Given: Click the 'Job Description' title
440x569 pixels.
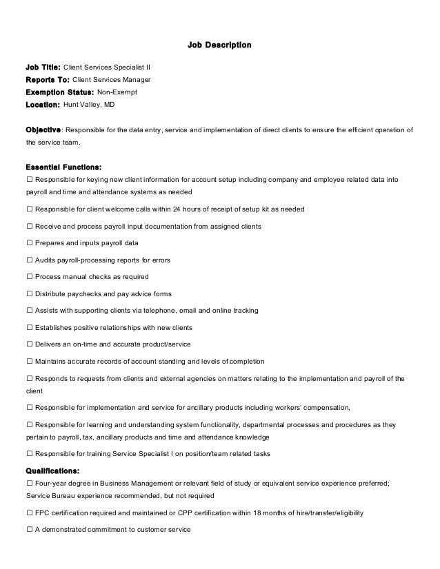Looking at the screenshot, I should coord(219,45).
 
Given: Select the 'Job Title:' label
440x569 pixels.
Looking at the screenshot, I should coord(43,68).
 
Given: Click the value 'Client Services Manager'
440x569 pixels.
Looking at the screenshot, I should coord(112,81).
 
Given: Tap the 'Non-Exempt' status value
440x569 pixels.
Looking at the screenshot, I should coord(117,92).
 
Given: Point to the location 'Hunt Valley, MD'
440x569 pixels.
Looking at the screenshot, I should coord(89,105).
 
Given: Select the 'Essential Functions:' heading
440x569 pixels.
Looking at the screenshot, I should coord(63,167).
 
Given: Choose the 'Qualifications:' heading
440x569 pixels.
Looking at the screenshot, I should coord(52,471).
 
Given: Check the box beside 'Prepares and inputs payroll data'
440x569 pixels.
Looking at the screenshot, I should coord(29,243).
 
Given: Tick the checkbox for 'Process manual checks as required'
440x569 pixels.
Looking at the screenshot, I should coord(29,277).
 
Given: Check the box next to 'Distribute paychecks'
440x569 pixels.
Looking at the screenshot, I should coord(29,293).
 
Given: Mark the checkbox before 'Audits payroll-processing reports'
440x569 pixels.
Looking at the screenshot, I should coord(29,260).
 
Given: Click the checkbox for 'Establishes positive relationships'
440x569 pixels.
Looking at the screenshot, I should coord(29,327).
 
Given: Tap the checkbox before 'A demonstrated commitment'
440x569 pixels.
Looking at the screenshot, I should coord(29,530).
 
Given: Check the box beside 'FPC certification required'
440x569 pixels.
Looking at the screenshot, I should coord(29,513).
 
